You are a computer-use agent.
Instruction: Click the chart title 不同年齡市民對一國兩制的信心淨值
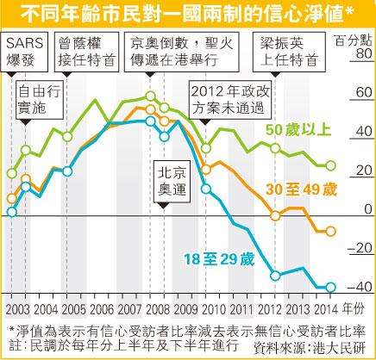click(183, 15)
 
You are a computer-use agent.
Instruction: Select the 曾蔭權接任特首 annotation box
click(86, 52)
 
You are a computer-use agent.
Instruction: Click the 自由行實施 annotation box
click(40, 100)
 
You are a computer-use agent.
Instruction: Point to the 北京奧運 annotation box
click(172, 182)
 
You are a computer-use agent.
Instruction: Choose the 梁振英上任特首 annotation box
click(289, 52)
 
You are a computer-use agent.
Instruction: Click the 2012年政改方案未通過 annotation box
click(230, 100)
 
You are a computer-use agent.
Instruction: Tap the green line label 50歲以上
click(298, 130)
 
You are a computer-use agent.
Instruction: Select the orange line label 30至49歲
click(301, 189)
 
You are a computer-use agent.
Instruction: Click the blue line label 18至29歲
click(219, 259)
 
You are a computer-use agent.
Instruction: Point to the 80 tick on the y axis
click(364, 53)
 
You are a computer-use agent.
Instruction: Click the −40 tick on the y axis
click(360, 287)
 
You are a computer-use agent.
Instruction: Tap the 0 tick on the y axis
click(368, 209)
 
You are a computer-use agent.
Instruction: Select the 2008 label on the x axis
click(158, 309)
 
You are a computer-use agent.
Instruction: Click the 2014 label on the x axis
click(326, 309)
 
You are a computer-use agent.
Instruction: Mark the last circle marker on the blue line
click(330, 287)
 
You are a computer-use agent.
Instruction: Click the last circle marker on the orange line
click(330, 231)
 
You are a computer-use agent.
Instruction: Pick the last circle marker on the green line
click(331, 165)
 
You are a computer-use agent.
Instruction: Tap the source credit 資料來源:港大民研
click(310, 348)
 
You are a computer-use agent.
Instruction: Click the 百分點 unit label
click(354, 40)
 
